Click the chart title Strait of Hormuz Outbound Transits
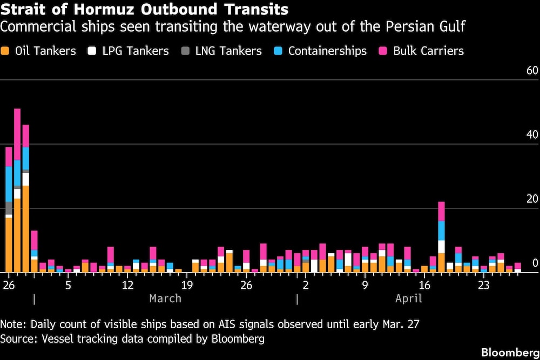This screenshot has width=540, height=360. pyautogui.click(x=144, y=9)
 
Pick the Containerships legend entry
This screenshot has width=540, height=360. pyautogui.click(x=327, y=51)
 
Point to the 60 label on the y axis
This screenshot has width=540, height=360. pyautogui.click(x=532, y=71)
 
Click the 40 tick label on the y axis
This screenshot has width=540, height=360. pyautogui.click(x=532, y=135)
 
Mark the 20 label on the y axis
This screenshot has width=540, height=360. pyautogui.click(x=532, y=199)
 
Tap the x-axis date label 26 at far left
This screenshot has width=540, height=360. pyautogui.click(x=8, y=284)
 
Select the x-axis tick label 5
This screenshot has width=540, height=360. pyautogui.click(x=67, y=284)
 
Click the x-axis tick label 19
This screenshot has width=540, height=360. pyautogui.click(x=187, y=284)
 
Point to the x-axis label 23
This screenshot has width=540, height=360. pyautogui.click(x=484, y=284)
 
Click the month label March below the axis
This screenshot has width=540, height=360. pyautogui.click(x=165, y=298)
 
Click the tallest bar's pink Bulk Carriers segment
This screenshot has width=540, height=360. pyautogui.click(x=17, y=134)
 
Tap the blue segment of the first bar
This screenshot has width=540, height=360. pyautogui.click(x=9, y=184)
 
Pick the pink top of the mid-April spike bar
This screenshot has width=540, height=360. pyautogui.click(x=441, y=211)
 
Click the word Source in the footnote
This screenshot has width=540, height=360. pyautogui.click(x=16, y=339)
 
